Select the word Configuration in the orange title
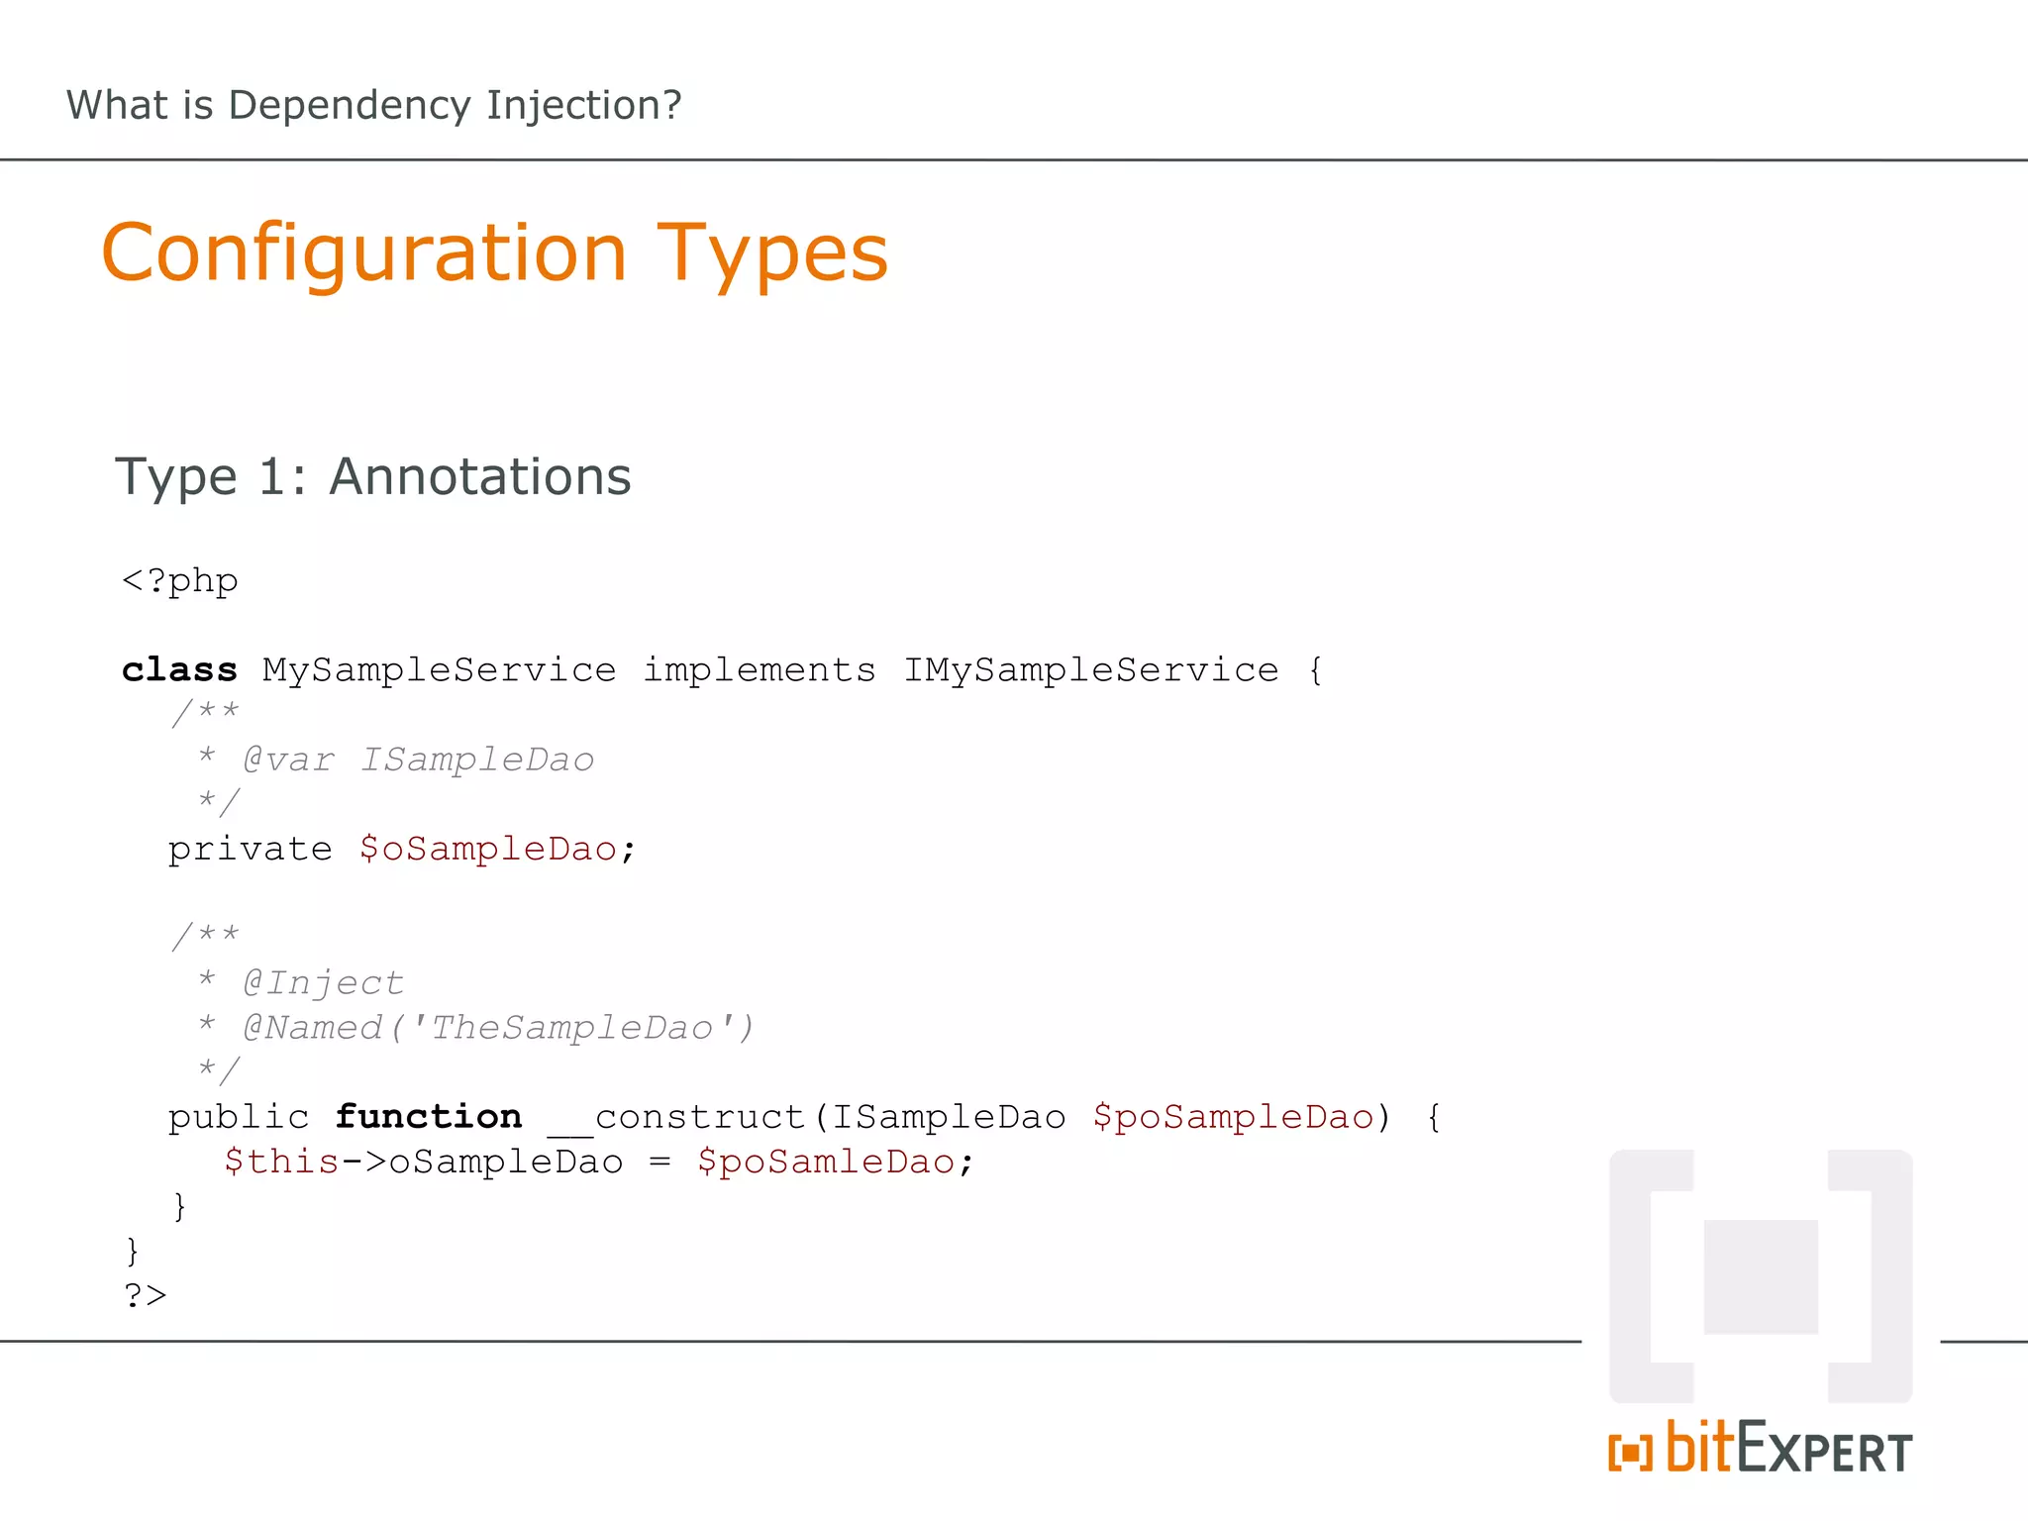pos(364,254)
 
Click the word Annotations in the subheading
pos(480,477)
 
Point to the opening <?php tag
pos(180,581)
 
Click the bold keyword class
pos(179,670)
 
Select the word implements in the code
pos(760,670)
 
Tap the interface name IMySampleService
pos(1091,670)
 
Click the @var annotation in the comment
pos(288,760)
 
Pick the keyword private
pos(250,850)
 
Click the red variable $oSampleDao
pos(488,850)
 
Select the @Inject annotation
pos(323,983)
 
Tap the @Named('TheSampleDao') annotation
pos(498,1028)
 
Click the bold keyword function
pos(428,1117)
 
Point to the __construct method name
pos(677,1118)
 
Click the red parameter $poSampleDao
pos(1234,1118)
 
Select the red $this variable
pos(281,1162)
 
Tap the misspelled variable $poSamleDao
pos(826,1162)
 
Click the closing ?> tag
pos(146,1295)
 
